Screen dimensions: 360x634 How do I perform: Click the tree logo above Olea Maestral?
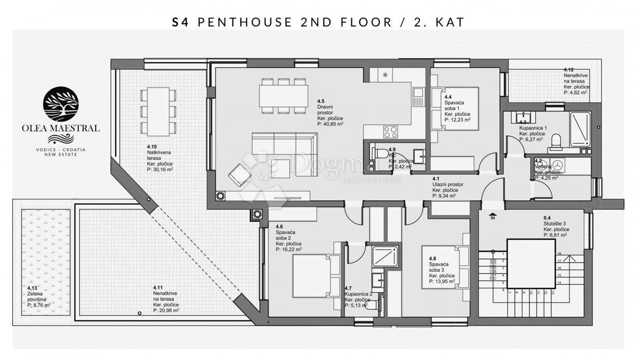(60, 105)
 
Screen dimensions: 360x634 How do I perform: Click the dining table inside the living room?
(284, 96)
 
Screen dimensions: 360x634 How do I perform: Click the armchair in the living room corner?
(239, 172)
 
